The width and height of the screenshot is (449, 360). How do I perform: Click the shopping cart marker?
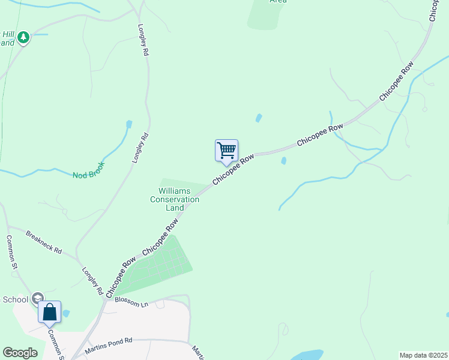226,150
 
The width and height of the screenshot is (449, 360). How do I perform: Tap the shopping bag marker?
49,312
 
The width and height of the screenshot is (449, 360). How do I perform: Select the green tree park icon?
23,38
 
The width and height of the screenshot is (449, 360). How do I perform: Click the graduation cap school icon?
38,298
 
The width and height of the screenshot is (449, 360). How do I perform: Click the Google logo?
20,353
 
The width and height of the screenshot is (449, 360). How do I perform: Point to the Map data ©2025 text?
423,355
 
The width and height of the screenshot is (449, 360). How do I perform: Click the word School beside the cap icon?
13,299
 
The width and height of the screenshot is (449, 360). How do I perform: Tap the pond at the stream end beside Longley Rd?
128,125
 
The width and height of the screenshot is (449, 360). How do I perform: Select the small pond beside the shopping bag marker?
65,313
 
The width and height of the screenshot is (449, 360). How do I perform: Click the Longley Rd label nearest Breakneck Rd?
92,281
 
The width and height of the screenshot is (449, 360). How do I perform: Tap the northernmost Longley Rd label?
143,40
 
